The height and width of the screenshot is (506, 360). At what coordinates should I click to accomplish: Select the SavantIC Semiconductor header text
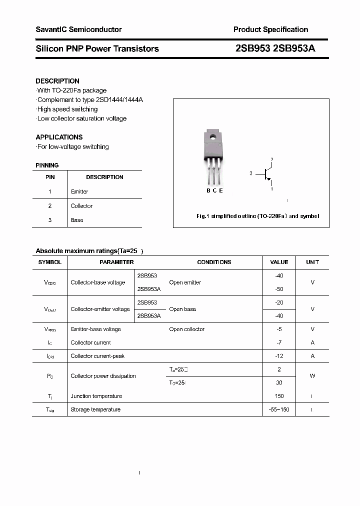78,29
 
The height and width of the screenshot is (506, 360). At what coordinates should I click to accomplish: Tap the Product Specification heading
270,29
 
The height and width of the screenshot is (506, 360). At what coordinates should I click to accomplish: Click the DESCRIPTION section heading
57,81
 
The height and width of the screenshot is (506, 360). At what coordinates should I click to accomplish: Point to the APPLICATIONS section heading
59,137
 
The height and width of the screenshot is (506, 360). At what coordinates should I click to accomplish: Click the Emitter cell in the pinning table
79,191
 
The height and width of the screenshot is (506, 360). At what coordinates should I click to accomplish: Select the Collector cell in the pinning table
81,206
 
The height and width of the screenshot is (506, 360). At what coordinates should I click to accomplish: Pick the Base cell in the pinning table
77,220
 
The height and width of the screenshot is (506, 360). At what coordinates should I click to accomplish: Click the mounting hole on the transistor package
212,136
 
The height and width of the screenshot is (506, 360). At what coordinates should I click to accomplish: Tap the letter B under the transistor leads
208,190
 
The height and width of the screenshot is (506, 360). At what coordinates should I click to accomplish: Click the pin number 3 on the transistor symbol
250,173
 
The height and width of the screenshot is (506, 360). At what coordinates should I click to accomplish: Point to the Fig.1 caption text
257,216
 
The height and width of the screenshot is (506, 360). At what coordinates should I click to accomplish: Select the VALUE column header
279,262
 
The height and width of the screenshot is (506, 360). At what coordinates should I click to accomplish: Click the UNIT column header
312,262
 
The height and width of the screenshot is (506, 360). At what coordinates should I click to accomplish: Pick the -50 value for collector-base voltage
279,289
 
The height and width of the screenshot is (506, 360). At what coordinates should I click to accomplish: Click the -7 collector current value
279,342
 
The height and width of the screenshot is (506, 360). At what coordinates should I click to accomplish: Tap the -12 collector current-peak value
279,356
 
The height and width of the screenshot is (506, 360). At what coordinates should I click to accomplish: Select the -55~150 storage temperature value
279,409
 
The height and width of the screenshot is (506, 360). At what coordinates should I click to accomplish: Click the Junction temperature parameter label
96,396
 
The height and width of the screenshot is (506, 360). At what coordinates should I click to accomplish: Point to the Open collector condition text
186,329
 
